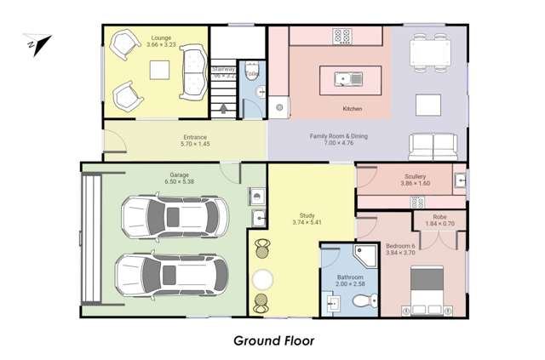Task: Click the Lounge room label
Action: pos(160,38)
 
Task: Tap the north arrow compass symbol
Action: pos(39,42)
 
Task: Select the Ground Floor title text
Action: pos(274,340)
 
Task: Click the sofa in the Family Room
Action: pos(434,146)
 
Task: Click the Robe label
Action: pos(439,217)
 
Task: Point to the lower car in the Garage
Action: pos(171,273)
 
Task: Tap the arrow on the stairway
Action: pos(223,108)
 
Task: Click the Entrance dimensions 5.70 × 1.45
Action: pos(194,145)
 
